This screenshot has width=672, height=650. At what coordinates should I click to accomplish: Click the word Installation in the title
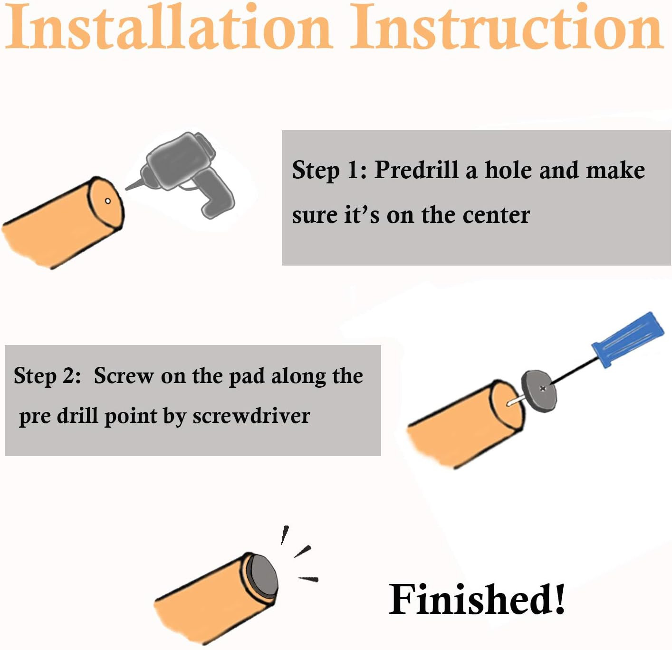pyautogui.click(x=169, y=27)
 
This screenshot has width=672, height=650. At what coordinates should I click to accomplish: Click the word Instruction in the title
pyautogui.click(x=507, y=27)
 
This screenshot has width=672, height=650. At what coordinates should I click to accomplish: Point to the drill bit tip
pyautogui.click(x=126, y=189)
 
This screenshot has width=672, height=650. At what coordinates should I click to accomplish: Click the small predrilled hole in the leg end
pyautogui.click(x=108, y=201)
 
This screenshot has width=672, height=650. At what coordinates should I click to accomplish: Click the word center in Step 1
pyautogui.click(x=496, y=215)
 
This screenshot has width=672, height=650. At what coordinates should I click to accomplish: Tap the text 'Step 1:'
pyautogui.click(x=329, y=170)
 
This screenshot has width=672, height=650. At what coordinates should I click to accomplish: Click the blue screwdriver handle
pyautogui.click(x=628, y=339)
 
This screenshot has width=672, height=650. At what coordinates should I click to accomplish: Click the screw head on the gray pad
pyautogui.click(x=543, y=389)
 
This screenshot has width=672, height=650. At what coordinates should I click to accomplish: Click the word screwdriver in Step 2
pyautogui.click(x=251, y=416)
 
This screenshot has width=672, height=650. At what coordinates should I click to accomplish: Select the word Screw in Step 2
pyautogui.click(x=124, y=375)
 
